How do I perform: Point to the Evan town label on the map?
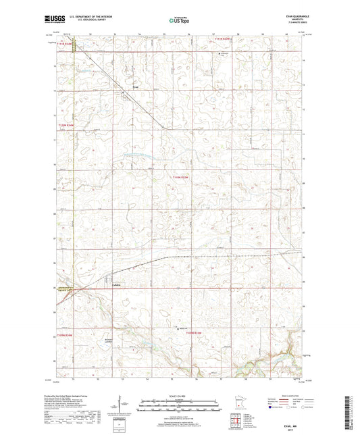click(135, 86)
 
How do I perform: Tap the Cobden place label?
click(115, 284)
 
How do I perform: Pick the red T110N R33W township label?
click(183, 177)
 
